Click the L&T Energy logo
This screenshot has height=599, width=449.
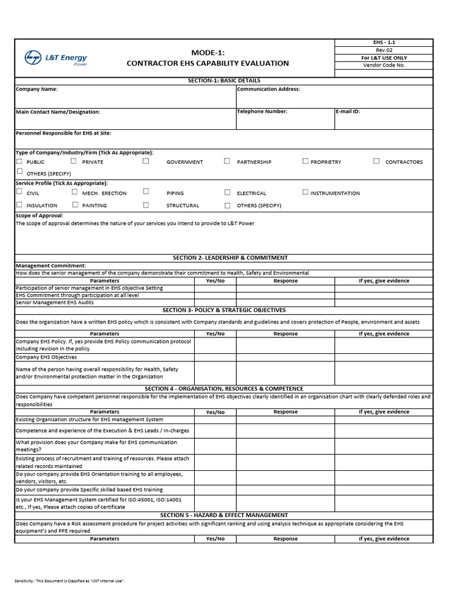[56, 58]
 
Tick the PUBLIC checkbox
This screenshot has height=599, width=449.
[19, 161]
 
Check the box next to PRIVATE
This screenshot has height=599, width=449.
[74, 161]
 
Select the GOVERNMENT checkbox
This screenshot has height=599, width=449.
[146, 161]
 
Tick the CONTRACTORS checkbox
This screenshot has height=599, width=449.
[377, 161]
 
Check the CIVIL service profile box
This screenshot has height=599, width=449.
[19, 192]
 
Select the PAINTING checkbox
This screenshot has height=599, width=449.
[75, 205]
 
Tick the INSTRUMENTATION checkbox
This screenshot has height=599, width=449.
[305, 192]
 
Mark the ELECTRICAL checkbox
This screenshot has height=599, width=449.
[227, 192]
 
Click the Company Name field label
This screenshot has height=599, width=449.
[36, 89]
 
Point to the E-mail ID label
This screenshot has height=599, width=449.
[348, 111]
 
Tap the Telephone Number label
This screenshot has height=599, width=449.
[262, 111]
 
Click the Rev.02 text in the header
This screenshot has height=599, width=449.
[384, 50]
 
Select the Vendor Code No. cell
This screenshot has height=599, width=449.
[384, 66]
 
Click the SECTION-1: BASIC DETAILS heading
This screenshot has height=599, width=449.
[224, 81]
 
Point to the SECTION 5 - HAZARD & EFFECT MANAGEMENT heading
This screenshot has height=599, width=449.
[224, 515]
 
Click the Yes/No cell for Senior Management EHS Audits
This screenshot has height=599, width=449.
[215, 302]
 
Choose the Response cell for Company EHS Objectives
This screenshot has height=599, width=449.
[285, 357]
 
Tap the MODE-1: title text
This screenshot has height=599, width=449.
[208, 53]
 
